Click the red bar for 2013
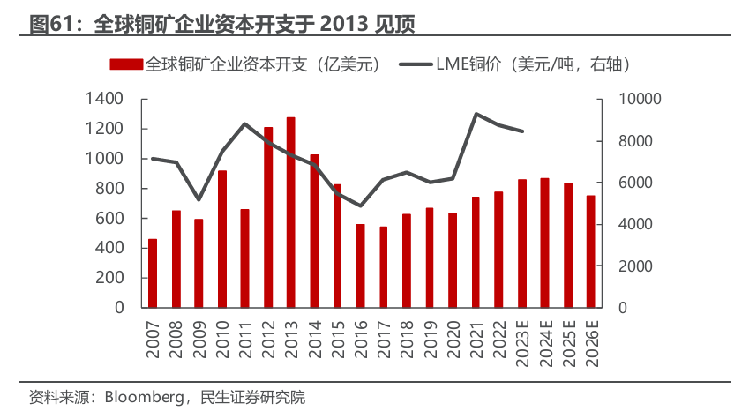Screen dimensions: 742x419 click(290, 213)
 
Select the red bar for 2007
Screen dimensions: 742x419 click(153, 273)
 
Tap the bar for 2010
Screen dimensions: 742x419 click(222, 239)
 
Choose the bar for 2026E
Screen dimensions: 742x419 click(591, 251)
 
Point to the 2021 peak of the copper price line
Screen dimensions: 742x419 click(476, 114)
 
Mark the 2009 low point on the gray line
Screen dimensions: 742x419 click(199, 199)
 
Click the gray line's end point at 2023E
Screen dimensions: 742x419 click(522, 131)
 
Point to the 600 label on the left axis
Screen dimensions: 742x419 click(109, 218)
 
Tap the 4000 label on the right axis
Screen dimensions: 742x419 click(635, 224)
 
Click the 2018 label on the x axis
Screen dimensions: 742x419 click(407, 339)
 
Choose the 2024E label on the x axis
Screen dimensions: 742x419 click(545, 343)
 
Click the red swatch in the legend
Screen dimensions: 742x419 click(126, 64)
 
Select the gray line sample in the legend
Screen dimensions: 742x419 click(416, 64)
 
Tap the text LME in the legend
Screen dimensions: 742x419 click(452, 64)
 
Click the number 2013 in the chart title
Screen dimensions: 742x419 click(344, 24)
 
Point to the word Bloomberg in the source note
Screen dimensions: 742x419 click(144, 397)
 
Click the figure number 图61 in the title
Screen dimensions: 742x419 click(50, 24)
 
